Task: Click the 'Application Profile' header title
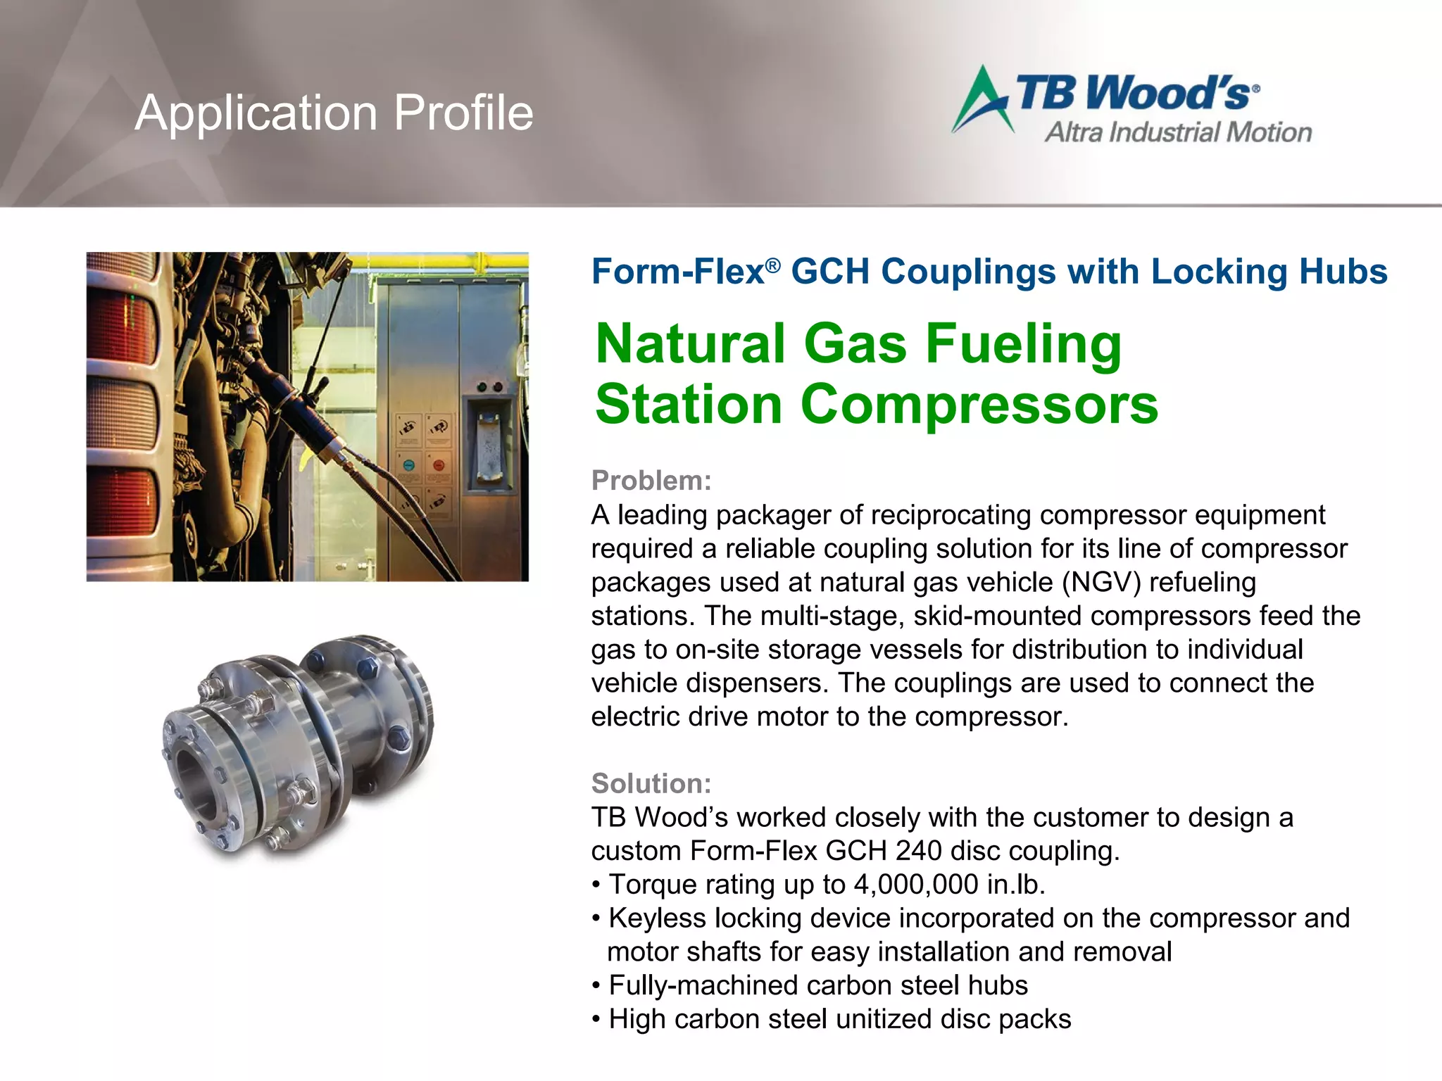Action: (334, 113)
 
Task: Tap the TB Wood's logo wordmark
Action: (1134, 92)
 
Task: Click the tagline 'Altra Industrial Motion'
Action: (1178, 132)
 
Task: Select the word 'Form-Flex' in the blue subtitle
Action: (677, 272)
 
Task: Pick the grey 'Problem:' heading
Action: (651, 481)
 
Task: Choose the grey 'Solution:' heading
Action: (651, 783)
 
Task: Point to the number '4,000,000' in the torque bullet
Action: (915, 885)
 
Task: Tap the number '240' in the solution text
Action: (918, 851)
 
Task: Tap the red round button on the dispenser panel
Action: (438, 465)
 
